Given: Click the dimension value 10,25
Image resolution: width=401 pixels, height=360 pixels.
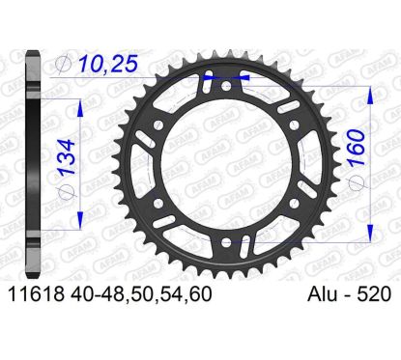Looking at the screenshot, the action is click(x=108, y=64).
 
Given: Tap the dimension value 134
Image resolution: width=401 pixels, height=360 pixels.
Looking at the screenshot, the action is click(x=67, y=156).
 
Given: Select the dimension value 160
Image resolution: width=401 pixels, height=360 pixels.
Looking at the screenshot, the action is click(x=358, y=148).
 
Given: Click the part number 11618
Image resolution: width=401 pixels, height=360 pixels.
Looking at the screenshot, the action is click(x=36, y=294).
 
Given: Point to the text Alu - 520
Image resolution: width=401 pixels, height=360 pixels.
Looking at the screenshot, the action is click(x=350, y=294).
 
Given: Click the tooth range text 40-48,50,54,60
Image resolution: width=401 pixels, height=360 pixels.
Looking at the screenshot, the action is click(x=140, y=294).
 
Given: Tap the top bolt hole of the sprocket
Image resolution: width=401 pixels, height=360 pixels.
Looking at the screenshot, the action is click(x=226, y=86).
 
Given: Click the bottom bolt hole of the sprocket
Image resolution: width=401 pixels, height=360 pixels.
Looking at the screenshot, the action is click(x=226, y=241).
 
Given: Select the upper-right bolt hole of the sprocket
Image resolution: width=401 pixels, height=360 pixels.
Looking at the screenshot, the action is click(x=294, y=125).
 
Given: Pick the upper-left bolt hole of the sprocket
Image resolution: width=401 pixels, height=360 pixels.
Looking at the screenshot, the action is click(x=158, y=125).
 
